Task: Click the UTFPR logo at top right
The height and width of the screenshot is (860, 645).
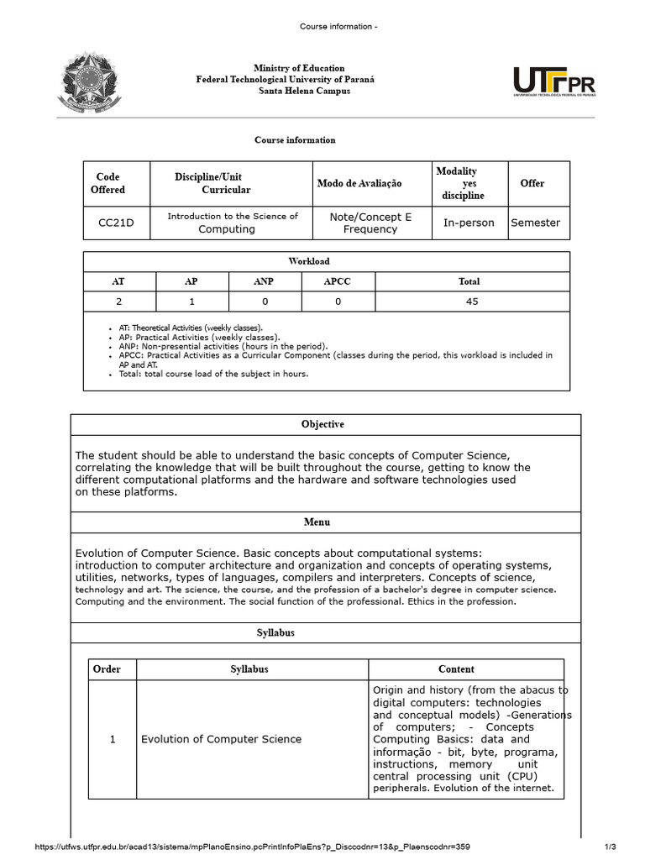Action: click(554, 83)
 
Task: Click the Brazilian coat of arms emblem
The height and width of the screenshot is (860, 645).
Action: click(89, 83)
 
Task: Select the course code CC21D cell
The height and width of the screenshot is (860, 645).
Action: click(117, 223)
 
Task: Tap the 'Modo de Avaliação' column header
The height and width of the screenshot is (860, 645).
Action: click(359, 183)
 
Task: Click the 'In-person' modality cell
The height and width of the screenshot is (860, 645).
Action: click(469, 223)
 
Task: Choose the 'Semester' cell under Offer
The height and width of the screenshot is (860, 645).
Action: click(535, 223)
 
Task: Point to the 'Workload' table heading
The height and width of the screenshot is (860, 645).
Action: click(326, 261)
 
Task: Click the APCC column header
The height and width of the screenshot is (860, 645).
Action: click(338, 281)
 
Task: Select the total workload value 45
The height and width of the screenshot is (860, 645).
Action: click(472, 302)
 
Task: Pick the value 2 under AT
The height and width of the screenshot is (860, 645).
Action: click(119, 302)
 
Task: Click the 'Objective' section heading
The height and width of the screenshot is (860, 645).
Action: click(323, 424)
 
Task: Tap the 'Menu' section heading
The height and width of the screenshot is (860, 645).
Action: click(317, 522)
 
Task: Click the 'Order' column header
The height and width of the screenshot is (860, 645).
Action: click(107, 669)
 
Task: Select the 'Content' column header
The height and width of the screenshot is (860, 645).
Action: click(456, 669)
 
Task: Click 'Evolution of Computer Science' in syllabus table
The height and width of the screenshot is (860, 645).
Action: click(221, 739)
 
